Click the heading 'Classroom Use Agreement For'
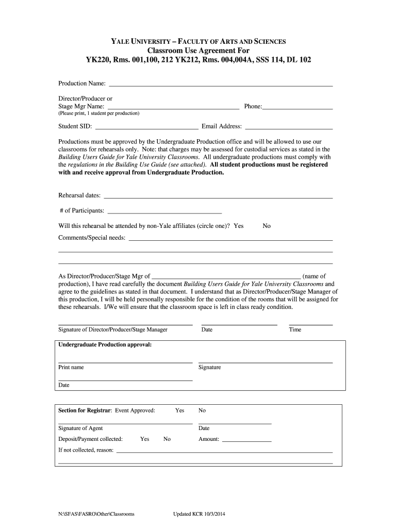(198, 51)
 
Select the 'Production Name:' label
(82, 84)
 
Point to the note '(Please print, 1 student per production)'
(98, 113)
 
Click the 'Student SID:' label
(75, 126)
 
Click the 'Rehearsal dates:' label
(80, 195)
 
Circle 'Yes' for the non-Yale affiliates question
(239, 226)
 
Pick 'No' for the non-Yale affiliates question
(267, 226)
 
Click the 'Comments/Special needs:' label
(92, 238)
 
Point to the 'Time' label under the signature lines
(295, 329)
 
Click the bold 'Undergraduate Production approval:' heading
(105, 344)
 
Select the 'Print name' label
(71, 367)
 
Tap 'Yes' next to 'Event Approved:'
(179, 410)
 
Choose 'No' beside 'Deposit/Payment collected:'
(167, 439)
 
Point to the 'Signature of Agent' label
(80, 428)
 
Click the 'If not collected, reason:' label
(86, 450)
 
